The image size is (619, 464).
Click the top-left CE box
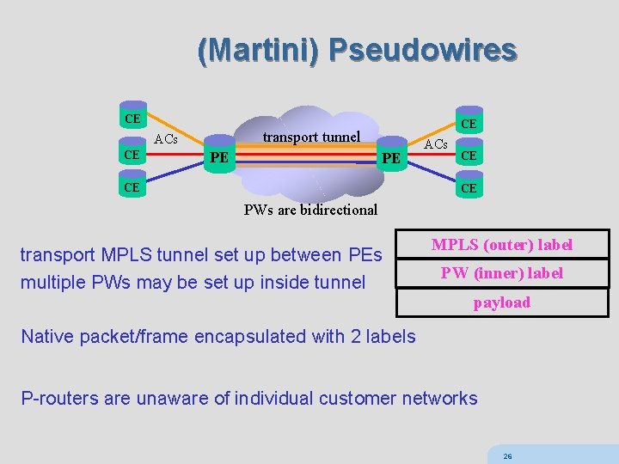pyautogui.click(x=132, y=118)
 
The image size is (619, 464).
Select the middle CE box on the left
pyautogui.click(x=132, y=154)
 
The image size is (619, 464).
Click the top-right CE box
pyautogui.click(x=469, y=125)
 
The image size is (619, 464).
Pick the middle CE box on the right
pyautogui.click(x=469, y=156)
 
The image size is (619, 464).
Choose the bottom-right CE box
pyautogui.click(x=469, y=187)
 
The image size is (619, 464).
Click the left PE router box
pyautogui.click(x=220, y=157)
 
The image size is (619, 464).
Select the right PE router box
pyautogui.click(x=391, y=158)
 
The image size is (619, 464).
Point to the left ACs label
pyautogui.click(x=166, y=139)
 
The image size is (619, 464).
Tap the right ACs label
pyautogui.click(x=436, y=143)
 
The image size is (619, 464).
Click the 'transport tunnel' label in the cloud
pyautogui.click(x=311, y=137)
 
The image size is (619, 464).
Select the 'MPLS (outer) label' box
pyautogui.click(x=502, y=245)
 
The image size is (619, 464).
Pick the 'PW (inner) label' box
pyautogui.click(x=502, y=273)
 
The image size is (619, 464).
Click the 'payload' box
pyautogui.click(x=502, y=302)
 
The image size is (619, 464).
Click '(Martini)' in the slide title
pyautogui.click(x=258, y=50)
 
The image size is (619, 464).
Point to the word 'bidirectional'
pyautogui.click(x=337, y=209)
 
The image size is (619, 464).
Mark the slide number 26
pyautogui.click(x=508, y=456)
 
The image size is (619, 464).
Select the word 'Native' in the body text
pyautogui.click(x=46, y=336)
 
